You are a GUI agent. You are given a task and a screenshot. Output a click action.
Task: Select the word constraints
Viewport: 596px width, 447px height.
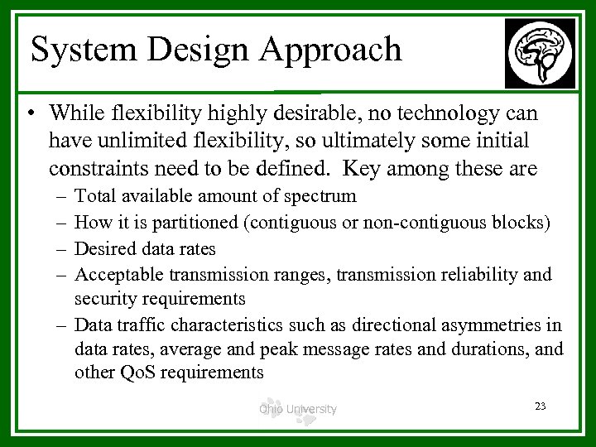(x=97, y=169)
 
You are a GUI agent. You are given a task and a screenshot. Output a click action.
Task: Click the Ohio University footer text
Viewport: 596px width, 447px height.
(x=297, y=408)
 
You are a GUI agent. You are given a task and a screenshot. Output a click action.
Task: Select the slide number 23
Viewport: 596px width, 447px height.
(x=541, y=406)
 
